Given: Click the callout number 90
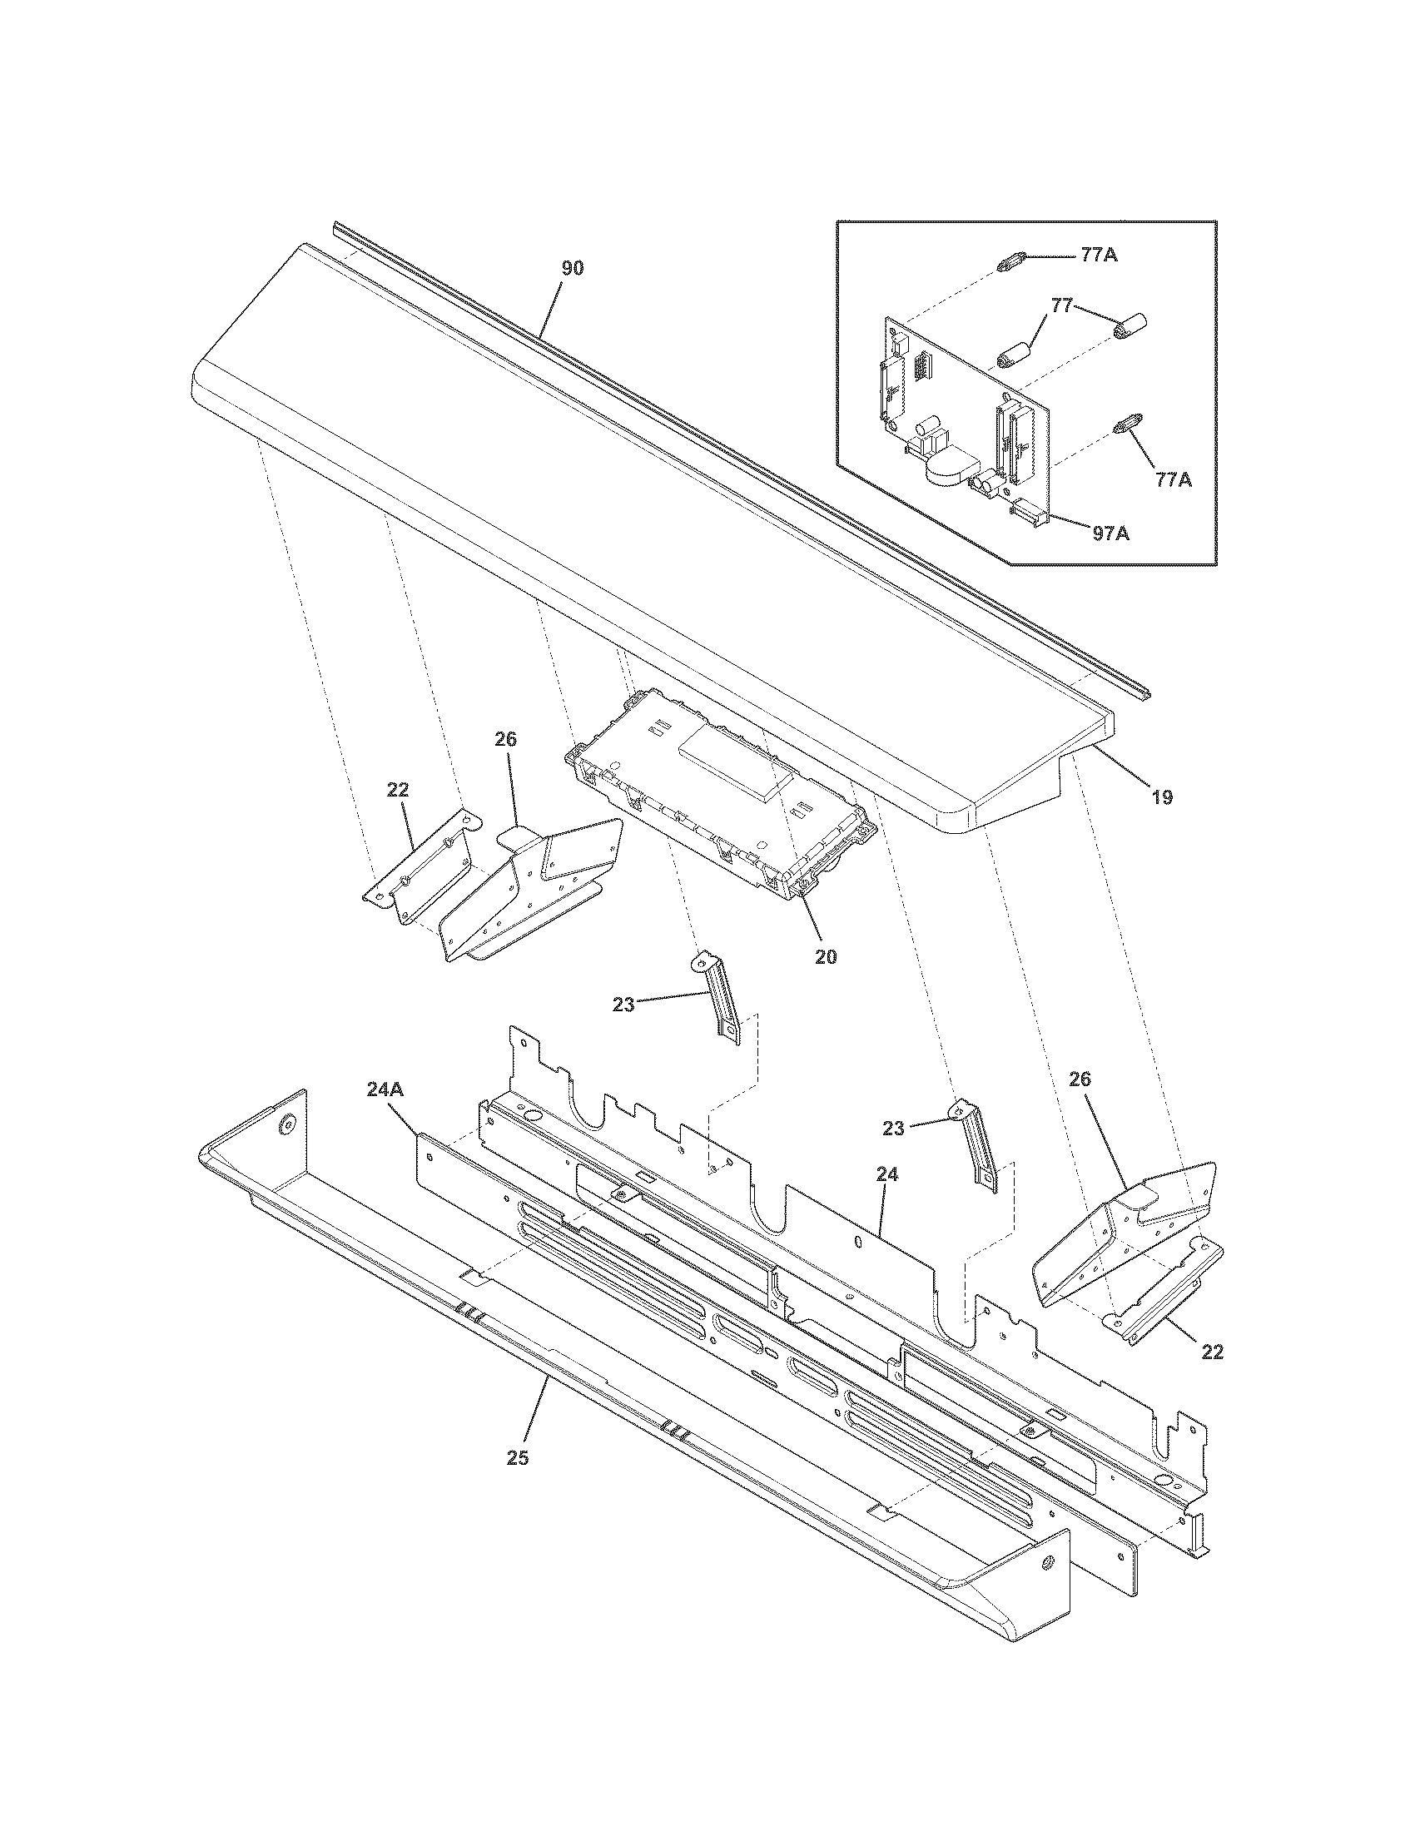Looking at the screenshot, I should point(573,268).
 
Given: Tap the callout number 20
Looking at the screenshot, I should point(826,956).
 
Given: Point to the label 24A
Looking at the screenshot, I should point(386,1089).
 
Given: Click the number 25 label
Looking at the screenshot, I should point(518,1458).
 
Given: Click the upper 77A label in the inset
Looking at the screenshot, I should point(1099,256).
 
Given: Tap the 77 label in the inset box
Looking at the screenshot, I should point(1061,306).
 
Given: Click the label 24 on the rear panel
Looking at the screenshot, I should point(887,1175).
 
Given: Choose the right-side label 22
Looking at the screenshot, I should point(1212,1352).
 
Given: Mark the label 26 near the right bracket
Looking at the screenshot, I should point(1080,1079).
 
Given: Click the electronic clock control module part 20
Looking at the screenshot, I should point(721,792).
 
